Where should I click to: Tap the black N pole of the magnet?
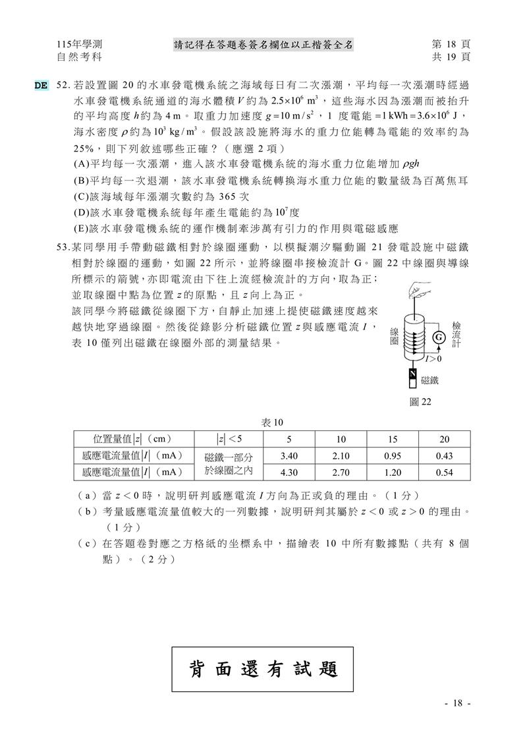pos(412,374)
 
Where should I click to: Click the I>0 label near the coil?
pos(433,359)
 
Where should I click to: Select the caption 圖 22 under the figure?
pos(420,401)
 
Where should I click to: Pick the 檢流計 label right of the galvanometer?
pos(456,336)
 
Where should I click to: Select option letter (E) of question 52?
pos(81,229)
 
